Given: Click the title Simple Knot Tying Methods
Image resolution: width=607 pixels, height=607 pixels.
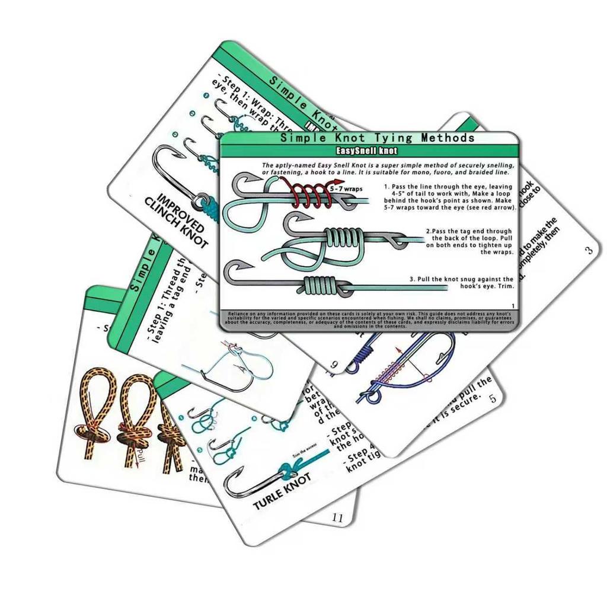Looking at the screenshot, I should click(x=378, y=138).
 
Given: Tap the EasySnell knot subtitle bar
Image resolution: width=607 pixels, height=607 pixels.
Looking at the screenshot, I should click(x=370, y=151).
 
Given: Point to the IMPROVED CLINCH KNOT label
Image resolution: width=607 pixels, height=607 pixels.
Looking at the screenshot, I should click(x=178, y=220).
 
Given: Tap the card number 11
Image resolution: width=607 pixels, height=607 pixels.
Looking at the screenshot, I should click(x=337, y=517).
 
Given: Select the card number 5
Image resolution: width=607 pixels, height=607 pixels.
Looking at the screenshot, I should click(x=493, y=398).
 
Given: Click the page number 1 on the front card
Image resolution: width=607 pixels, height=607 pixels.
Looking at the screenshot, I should click(x=513, y=305).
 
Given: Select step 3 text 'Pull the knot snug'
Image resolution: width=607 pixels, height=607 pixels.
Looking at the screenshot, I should click(x=462, y=282).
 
